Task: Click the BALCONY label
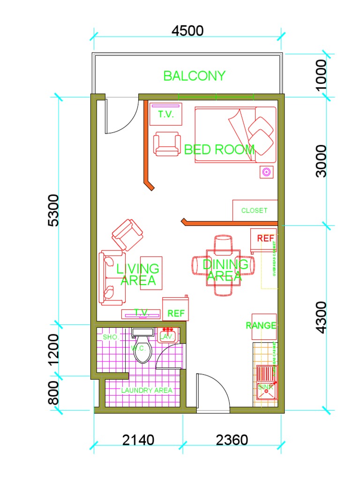pyautogui.click(x=194, y=75)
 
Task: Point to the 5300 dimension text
pyautogui.click(x=54, y=210)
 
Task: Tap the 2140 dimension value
pyautogui.click(x=138, y=440)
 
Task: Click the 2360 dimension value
pyautogui.click(x=232, y=440)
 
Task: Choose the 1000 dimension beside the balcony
pyautogui.click(x=322, y=75)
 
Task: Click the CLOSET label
pyautogui.click(x=254, y=210)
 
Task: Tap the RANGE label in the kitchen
pyautogui.click(x=261, y=325)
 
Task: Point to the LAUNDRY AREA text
pyautogui.click(x=147, y=390)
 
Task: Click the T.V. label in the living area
pyautogui.click(x=141, y=312)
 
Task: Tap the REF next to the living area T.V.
pyautogui.click(x=176, y=313)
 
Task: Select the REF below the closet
pyautogui.click(x=265, y=238)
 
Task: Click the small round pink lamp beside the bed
pyautogui.click(x=266, y=172)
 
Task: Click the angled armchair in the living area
pyautogui.click(x=127, y=234)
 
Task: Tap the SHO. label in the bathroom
pyautogui.click(x=111, y=337)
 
